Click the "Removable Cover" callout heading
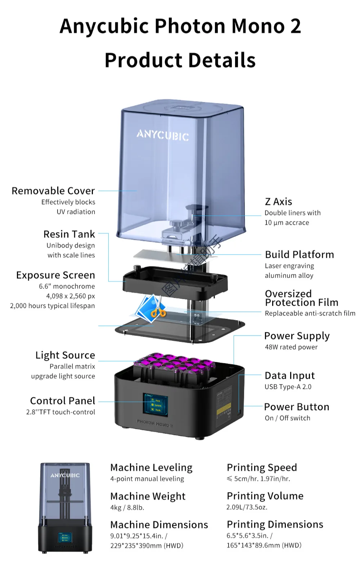point(53,191)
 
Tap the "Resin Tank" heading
point(69,234)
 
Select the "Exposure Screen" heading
point(55,275)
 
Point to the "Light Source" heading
point(65,355)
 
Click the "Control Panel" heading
point(63,401)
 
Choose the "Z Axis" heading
point(278,202)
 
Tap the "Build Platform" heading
point(299,255)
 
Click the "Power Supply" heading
point(297,336)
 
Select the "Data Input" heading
point(289,376)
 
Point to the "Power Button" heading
point(296,407)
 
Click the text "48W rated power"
point(291,347)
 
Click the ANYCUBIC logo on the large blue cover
point(162,135)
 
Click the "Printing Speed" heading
point(262,467)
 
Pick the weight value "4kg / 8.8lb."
point(127,507)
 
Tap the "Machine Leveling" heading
point(151,467)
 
